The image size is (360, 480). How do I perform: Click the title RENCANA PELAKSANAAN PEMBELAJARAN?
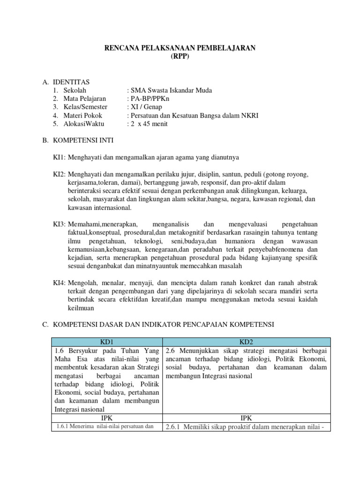coord(180,48)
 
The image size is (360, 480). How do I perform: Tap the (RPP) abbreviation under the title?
coord(180,56)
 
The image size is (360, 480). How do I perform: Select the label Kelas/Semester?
coord(85,107)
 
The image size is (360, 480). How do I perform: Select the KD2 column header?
coord(246,342)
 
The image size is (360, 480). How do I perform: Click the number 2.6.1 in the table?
coord(172,427)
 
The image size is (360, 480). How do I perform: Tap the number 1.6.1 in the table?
coord(64,426)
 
